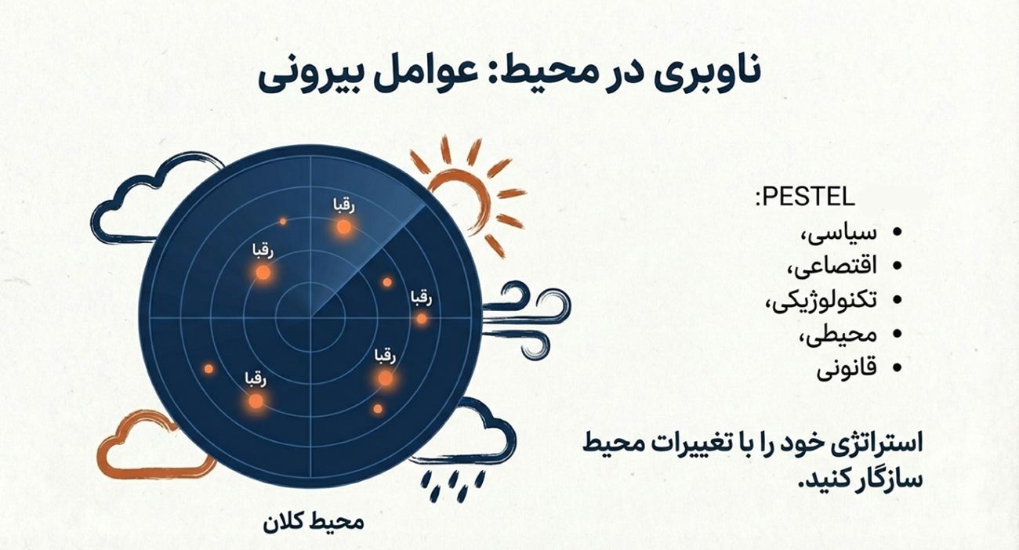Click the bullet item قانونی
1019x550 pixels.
(x=847, y=367)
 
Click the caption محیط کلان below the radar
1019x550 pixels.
(x=314, y=522)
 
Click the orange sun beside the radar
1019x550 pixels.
(x=462, y=192)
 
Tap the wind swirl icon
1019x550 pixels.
(x=533, y=317)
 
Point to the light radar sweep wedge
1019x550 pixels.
(x=368, y=243)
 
